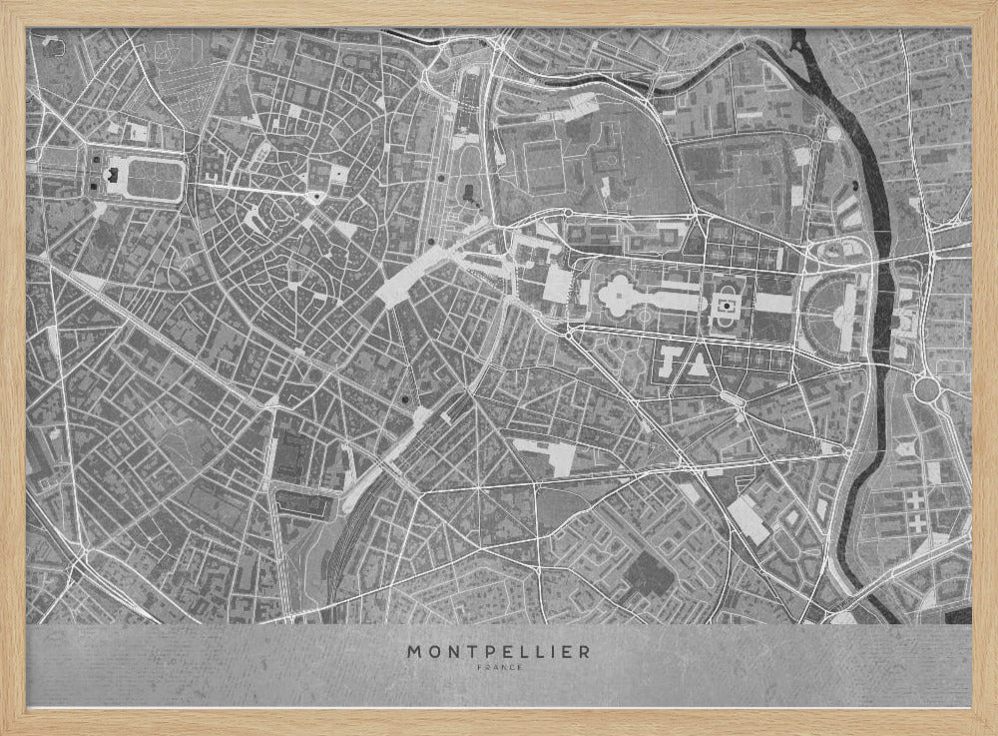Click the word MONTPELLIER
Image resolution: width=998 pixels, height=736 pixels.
[498, 651]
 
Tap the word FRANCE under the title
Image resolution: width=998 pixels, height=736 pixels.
[498, 668]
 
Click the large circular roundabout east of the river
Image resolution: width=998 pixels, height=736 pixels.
[926, 387]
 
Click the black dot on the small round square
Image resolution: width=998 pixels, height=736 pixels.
[440, 177]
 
